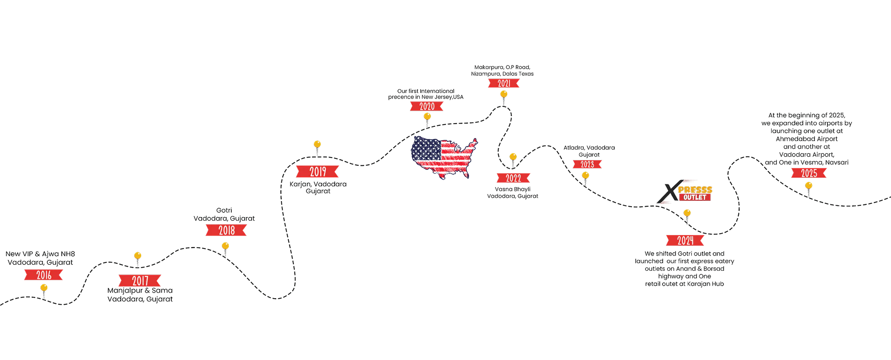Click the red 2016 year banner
click(44, 275)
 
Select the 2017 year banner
click(140, 281)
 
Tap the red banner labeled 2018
click(227, 230)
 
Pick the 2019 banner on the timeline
click(318, 171)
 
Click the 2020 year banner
click(427, 106)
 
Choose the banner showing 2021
click(504, 84)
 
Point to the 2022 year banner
click(513, 178)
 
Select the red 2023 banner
click(587, 164)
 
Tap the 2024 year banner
click(685, 241)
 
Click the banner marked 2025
click(809, 173)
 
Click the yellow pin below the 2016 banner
click(44, 288)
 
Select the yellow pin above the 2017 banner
click(137, 256)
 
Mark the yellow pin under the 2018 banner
click(226, 246)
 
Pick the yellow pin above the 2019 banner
click(317, 144)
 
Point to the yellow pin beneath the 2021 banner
click(504, 94)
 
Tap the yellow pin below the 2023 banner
click(586, 175)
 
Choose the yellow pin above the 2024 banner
click(687, 213)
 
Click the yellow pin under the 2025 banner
click(809, 186)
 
